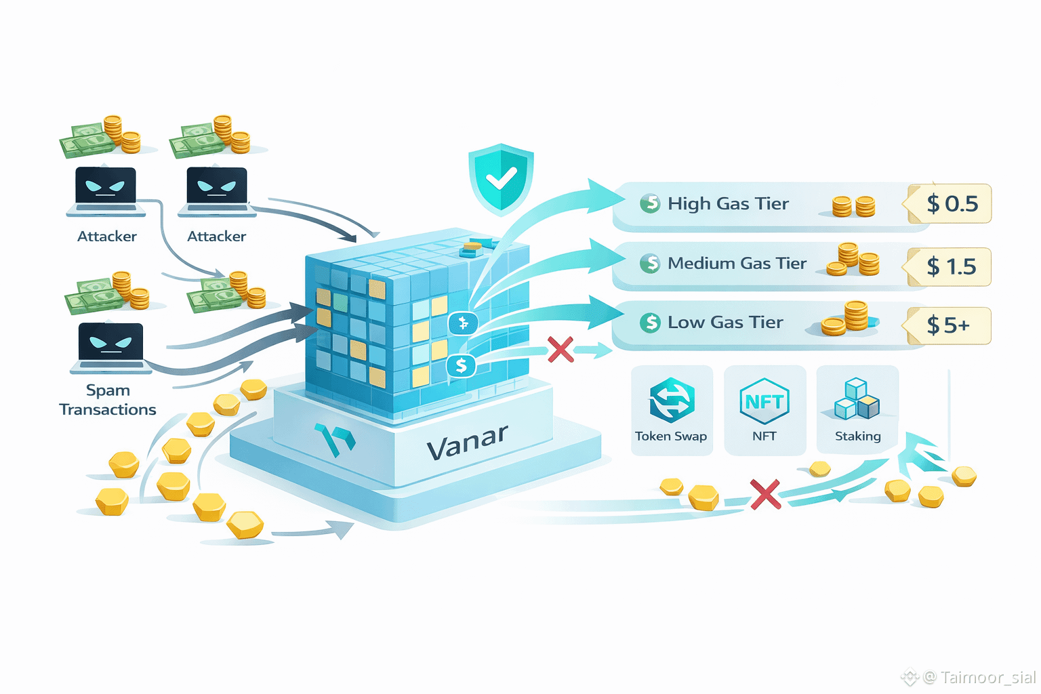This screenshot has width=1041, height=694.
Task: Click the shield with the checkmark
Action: pos(501,178)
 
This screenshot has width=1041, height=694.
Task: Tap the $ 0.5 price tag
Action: pos(952,203)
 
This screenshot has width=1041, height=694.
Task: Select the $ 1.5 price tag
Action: pos(951,266)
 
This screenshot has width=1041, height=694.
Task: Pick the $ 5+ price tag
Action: pos(949,325)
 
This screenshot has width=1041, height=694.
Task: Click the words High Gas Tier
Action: pos(728,203)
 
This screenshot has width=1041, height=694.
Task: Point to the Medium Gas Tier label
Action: pos(737,263)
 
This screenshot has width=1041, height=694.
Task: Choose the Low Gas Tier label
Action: pos(725,323)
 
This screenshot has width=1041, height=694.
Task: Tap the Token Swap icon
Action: pos(672,400)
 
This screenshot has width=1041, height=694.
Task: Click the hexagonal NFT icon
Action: pos(764,401)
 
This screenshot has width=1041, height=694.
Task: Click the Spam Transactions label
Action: pos(108,400)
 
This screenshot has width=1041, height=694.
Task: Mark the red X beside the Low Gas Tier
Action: pos(560,350)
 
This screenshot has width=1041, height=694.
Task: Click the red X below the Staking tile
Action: pos(765,494)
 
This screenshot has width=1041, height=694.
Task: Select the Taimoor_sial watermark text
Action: pos(987,677)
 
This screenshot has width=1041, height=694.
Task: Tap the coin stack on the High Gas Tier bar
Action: pos(853,206)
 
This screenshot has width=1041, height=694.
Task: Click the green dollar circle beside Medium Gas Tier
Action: pos(650,263)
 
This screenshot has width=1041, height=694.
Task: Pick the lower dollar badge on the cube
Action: pos(462,366)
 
